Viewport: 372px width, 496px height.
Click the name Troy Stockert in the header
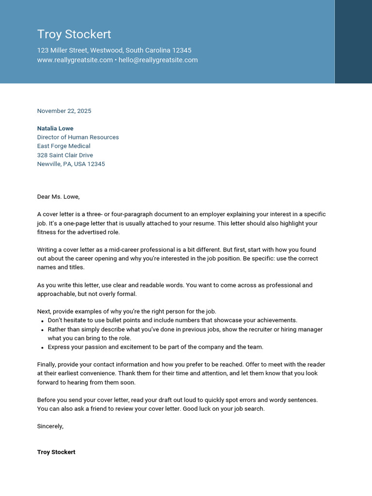pos(74,34)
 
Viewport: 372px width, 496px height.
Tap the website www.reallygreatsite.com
pos(75,60)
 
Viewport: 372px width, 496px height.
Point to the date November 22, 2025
pos(64,111)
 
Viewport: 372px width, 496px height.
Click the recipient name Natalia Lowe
pos(55,128)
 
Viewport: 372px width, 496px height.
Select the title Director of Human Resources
pos(78,137)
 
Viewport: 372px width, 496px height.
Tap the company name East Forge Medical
pos(63,146)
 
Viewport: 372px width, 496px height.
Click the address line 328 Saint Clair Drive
pos(65,155)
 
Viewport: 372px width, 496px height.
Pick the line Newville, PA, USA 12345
pos(71,164)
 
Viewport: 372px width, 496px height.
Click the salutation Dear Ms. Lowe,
pos(58,197)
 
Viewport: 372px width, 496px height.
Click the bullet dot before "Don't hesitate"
pos(42,321)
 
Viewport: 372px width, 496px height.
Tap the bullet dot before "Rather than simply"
pos(42,330)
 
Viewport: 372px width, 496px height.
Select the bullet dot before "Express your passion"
pos(42,347)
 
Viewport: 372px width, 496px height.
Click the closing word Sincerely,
pos(50,426)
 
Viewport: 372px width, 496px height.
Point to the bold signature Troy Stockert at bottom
pos(56,452)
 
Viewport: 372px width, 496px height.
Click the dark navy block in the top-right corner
pos(353,42)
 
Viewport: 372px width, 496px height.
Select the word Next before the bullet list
pos(44,311)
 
